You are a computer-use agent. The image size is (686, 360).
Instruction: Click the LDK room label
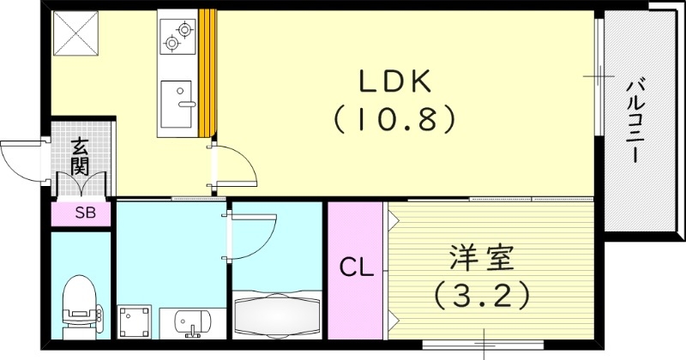(394, 82)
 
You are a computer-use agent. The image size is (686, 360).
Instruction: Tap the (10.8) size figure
(394, 119)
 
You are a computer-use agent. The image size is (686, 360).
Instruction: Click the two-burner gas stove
(178, 33)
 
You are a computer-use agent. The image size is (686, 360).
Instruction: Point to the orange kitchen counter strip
(208, 73)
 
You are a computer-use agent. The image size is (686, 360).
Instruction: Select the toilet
(80, 304)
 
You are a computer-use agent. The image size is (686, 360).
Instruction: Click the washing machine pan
(135, 323)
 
